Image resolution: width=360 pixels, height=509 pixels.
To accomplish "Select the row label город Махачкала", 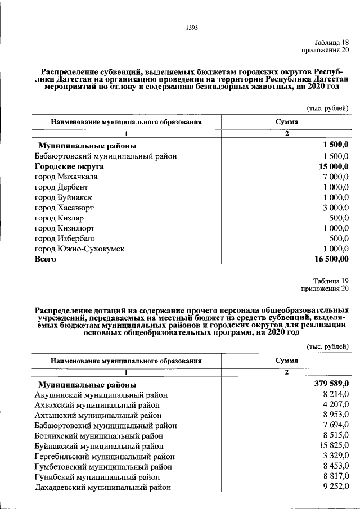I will click(x=66, y=177).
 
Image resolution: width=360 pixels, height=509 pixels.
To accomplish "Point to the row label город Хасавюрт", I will click(x=64, y=208).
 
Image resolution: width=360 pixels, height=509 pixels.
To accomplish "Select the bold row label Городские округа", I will click(x=69, y=167).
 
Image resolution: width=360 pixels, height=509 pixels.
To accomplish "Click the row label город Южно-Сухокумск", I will click(x=79, y=249).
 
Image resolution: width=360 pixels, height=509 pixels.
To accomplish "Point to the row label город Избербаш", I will click(x=64, y=238).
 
